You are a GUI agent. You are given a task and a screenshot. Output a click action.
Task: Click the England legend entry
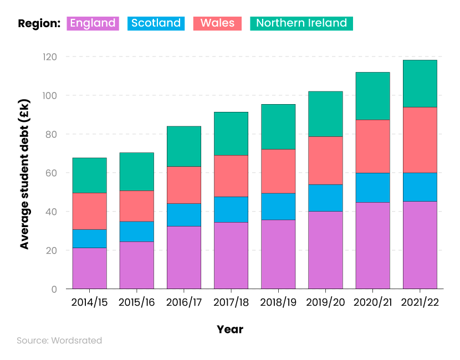pyautogui.click(x=93, y=23)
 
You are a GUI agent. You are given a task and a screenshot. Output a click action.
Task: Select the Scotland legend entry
pyautogui.click(x=156, y=23)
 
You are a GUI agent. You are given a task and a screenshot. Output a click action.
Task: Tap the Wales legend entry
pyautogui.click(x=217, y=23)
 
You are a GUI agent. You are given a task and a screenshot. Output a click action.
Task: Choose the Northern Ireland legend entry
pyautogui.click(x=301, y=23)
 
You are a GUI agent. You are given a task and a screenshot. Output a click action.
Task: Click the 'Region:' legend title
pyautogui.click(x=39, y=23)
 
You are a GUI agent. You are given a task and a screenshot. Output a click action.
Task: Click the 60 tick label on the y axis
pyautogui.click(x=51, y=173)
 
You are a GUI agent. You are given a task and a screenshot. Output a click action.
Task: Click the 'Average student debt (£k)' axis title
pyautogui.click(x=24, y=174)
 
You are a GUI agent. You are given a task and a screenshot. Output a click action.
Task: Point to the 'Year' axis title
pyautogui.click(x=230, y=330)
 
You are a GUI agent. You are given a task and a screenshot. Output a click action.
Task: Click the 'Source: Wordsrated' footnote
pyautogui.click(x=59, y=341)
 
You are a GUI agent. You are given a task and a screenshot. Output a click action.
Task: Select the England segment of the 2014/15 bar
pyautogui.click(x=89, y=268)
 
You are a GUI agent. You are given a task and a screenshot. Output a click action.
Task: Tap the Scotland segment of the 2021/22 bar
pyautogui.click(x=420, y=187)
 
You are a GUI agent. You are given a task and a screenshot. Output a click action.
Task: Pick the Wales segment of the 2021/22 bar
pyautogui.click(x=420, y=140)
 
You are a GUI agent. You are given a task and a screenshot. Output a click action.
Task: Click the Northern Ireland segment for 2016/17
pyautogui.click(x=184, y=146)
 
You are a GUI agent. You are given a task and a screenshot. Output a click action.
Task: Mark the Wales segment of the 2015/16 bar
pyautogui.click(x=136, y=206)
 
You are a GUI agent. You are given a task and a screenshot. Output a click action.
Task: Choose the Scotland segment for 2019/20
pyautogui.click(x=325, y=198)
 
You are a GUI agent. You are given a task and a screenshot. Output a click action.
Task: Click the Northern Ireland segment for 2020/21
pyautogui.click(x=372, y=96)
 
